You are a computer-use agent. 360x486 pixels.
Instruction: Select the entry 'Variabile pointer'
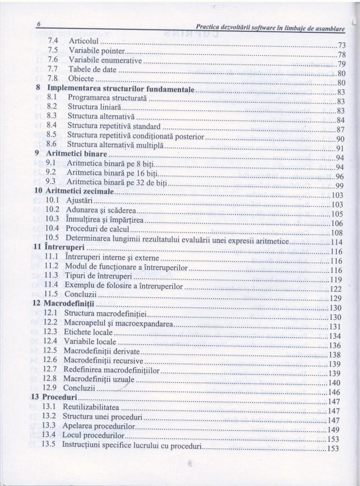click(x=97, y=50)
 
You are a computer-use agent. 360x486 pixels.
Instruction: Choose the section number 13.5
click(x=49, y=445)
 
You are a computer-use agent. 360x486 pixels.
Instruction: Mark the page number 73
click(x=341, y=46)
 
